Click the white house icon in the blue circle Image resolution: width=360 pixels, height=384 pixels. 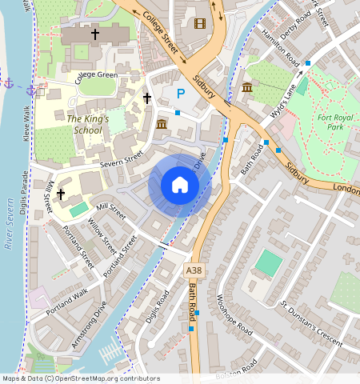point(180,186)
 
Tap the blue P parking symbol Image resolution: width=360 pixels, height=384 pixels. point(180,94)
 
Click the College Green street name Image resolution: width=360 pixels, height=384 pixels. point(96,78)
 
